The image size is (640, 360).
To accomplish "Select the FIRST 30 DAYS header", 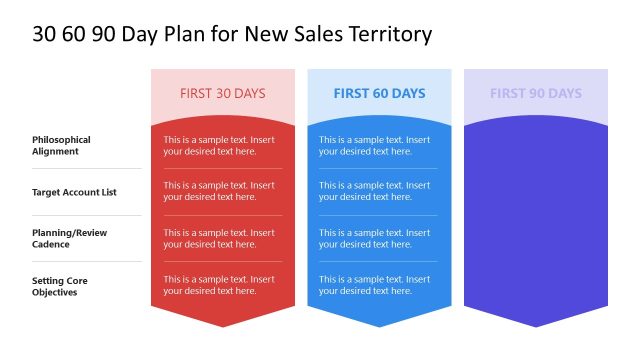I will [222, 93].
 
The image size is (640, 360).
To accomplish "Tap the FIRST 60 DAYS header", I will [379, 93].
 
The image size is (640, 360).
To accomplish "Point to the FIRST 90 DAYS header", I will [535, 93].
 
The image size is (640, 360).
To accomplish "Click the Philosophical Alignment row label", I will [61, 145].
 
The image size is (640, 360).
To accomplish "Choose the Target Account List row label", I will [74, 191].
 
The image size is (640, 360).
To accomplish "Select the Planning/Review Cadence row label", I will [69, 238].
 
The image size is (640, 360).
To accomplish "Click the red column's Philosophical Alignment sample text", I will [219, 145].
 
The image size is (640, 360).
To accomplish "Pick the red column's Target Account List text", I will [219, 191].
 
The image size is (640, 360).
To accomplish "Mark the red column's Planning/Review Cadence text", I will [219, 238].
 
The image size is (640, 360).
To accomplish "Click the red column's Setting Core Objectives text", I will [219, 285].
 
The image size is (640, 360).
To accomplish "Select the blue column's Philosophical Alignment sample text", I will [374, 145].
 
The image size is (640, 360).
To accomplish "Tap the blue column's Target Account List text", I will [374, 191].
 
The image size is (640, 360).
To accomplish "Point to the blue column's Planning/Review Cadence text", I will [374, 238].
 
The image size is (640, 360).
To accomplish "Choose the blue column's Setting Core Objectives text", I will [374, 285].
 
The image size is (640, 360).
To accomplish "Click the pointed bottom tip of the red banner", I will [223, 324].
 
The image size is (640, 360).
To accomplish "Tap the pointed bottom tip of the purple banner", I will [536, 324].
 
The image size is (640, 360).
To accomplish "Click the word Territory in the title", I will [385, 34].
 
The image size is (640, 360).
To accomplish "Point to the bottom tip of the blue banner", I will [379, 324].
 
